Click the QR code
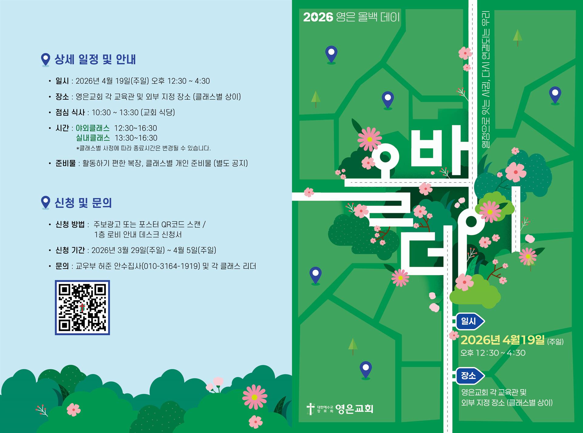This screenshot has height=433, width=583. pyautogui.click(x=82, y=307)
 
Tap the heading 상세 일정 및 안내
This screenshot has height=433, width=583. pyautogui.click(x=95, y=60)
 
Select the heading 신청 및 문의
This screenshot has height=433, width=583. pyautogui.click(x=83, y=203)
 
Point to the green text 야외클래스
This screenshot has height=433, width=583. pyautogui.click(x=93, y=128)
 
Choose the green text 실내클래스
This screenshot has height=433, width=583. pyautogui.click(x=93, y=138)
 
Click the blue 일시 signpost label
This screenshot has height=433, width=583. pyautogui.click(x=469, y=321)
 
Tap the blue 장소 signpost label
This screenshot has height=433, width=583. pyautogui.click(x=469, y=376)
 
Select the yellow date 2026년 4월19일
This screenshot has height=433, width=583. pyautogui.click(x=503, y=340)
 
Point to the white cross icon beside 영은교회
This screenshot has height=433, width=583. pyautogui.click(x=310, y=409)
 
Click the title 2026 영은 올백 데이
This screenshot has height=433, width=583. pyautogui.click(x=351, y=17)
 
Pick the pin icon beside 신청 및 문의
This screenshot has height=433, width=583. pyautogui.click(x=46, y=202)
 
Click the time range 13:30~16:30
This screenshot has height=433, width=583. pyautogui.click(x=136, y=138)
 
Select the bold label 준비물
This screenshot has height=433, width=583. pyautogui.click(x=66, y=163)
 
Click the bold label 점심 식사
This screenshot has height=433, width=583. pyautogui.click(x=70, y=113)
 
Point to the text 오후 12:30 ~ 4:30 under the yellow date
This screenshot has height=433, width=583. pyautogui.click(x=493, y=353)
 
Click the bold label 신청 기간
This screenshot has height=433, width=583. pyautogui.click(x=70, y=250)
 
